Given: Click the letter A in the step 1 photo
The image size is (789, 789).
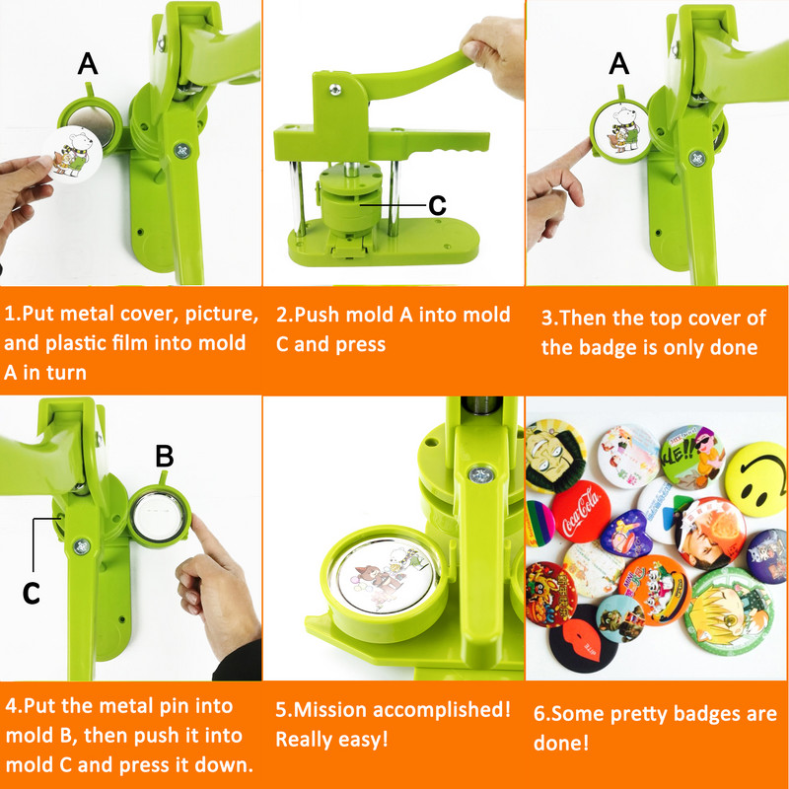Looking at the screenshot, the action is point(88,64).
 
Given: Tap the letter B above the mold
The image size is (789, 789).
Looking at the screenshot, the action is point(164,456).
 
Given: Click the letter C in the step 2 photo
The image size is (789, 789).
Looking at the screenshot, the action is point(437,205).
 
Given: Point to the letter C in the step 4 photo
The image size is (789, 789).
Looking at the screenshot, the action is point(32,594).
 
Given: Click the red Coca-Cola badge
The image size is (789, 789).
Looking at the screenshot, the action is point(581,511).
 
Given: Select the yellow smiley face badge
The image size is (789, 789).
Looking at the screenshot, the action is point(757,478).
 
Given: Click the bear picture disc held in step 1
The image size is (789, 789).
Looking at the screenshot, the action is point(72,154).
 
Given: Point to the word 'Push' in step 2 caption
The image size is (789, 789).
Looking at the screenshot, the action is point(318,315).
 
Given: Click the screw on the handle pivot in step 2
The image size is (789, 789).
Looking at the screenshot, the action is point(334,90).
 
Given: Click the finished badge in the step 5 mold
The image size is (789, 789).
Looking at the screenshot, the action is point(385,575).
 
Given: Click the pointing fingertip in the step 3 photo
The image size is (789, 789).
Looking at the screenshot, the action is point(586,146).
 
